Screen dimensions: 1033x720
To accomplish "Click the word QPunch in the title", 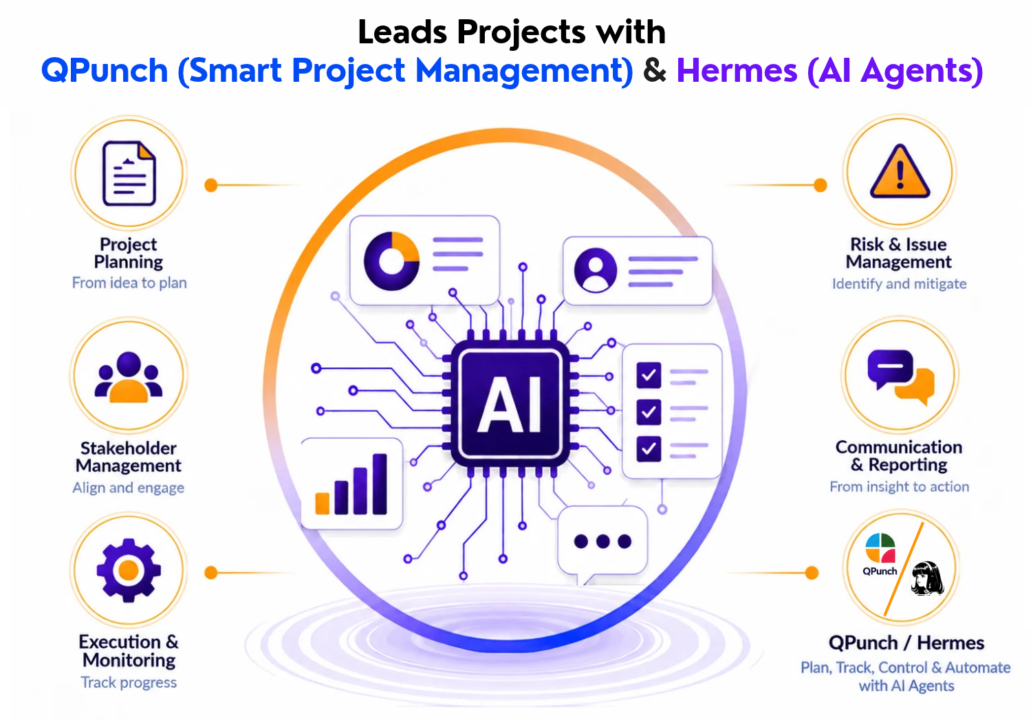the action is point(105,71).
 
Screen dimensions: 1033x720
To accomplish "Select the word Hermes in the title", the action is point(737,71).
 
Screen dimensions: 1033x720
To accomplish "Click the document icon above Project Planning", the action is point(129,173).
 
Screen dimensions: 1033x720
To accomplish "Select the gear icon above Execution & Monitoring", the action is point(129,570).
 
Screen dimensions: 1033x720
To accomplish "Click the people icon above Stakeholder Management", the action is point(129,377).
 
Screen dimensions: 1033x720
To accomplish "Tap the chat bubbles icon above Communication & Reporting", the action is point(901,376).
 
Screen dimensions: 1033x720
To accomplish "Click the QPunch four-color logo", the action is point(880,548).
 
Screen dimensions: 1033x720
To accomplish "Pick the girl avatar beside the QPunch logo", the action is point(927,578).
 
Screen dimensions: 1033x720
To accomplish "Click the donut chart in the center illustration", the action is point(391,261).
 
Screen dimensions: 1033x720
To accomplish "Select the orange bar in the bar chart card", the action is point(322,503).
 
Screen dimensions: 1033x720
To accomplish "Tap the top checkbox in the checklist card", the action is point(649,375).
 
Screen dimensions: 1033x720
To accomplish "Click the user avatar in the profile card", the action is point(596,270).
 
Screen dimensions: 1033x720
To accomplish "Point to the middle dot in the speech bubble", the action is point(602,541).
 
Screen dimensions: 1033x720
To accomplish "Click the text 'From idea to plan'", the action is point(129,283).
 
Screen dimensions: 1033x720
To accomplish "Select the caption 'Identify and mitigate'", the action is point(900,283).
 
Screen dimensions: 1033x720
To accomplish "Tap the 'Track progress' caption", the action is point(129,683).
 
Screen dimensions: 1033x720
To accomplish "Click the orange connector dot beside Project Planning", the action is point(210,185).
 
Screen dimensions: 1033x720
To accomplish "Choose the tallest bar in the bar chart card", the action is point(380,484).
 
